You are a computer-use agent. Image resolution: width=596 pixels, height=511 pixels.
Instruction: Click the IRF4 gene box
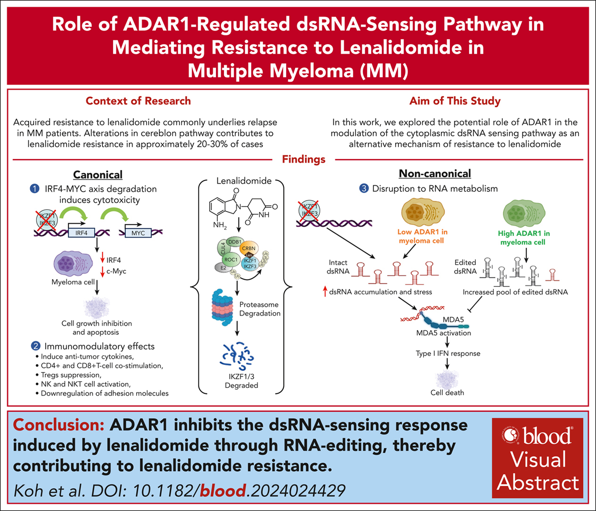[81, 233]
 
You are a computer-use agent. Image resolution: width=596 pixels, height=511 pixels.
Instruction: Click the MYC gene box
[138, 233]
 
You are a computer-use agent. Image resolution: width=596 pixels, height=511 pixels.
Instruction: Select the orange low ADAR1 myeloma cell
[423, 212]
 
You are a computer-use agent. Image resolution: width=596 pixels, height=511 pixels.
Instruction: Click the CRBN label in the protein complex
[248, 248]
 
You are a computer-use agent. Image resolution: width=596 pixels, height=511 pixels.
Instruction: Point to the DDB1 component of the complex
[234, 242]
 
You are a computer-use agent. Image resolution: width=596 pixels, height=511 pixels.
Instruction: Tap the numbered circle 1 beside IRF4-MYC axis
[35, 189]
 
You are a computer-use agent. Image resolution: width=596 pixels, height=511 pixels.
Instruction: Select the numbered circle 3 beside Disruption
[364, 188]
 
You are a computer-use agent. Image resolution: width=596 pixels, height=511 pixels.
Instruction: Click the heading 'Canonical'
[98, 175]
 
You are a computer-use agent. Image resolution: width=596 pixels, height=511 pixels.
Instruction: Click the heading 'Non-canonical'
[435, 173]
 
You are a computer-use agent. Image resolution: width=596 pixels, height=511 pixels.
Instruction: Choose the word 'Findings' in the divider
[304, 159]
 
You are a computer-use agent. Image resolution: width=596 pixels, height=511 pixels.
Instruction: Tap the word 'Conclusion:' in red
[58, 425]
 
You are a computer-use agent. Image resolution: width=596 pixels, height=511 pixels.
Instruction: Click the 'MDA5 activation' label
[443, 333]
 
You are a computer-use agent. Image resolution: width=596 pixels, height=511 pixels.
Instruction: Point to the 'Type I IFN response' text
[448, 353]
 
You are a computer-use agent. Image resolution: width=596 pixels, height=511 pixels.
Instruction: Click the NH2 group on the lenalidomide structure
[219, 225]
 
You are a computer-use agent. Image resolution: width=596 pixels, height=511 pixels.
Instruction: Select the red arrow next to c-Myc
[102, 272]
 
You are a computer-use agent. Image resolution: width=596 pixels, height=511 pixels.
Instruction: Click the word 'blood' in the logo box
[547, 436]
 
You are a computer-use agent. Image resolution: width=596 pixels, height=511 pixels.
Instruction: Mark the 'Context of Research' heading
[138, 101]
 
